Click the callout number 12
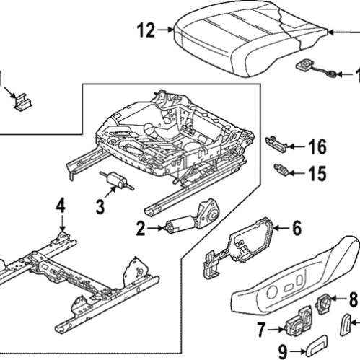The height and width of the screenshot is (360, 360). click(x=145, y=30)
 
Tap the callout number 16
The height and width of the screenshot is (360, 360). click(x=317, y=148)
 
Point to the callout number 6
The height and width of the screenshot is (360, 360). click(x=295, y=229)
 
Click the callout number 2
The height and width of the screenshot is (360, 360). click(x=141, y=229)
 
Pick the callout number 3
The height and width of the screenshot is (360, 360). click(x=101, y=206)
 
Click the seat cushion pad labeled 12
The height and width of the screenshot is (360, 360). click(x=245, y=43)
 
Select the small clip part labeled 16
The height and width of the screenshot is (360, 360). click(x=278, y=141)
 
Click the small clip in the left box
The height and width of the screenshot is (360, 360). click(x=22, y=102)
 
